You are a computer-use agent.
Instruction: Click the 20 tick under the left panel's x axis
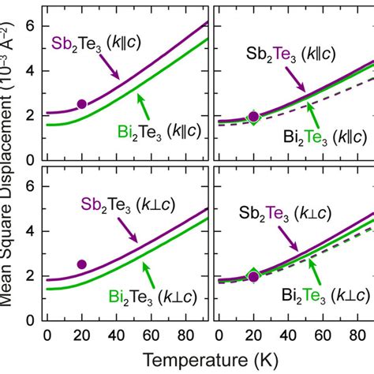81,334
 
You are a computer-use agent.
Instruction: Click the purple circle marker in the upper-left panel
81,104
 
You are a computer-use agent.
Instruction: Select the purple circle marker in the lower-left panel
81,264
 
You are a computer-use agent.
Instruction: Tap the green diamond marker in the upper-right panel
252,117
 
